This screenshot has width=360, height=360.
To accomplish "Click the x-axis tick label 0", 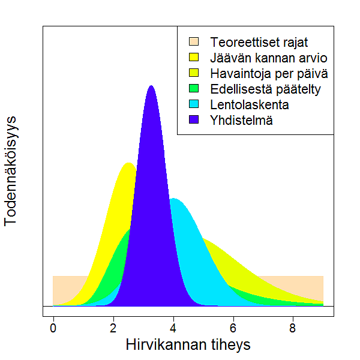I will coord(53,328).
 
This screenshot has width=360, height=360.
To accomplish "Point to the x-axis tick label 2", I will coord(113,328).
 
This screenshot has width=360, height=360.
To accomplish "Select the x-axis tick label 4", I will coord(173,328).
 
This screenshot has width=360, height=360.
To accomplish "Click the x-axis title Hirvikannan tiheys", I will coord(188,346).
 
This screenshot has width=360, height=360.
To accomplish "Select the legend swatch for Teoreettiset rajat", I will coord(194,42).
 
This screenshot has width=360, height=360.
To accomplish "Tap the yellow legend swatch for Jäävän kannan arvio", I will coord(194,58).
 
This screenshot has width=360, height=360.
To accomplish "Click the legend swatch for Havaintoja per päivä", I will coord(194,73).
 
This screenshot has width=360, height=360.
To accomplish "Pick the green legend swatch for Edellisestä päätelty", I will coord(194,89).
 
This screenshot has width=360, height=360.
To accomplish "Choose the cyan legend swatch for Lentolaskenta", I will coord(194,104).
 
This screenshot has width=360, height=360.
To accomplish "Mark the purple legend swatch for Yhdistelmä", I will coord(194,120).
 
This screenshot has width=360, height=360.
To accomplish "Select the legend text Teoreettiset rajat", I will coord(259,43).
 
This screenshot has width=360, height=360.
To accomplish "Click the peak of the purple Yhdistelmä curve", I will coord(151,86).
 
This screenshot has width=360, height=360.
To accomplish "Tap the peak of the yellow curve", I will coord(128,164).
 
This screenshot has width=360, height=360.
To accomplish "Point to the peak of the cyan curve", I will coord(174,199).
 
